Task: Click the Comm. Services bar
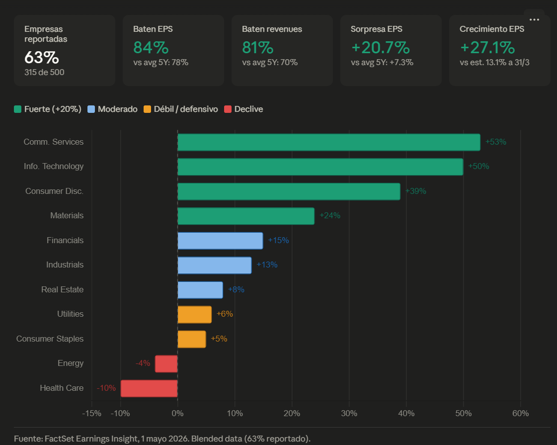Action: point(329,142)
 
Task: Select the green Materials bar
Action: point(246,216)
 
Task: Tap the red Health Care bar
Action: point(149,388)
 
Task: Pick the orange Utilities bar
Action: point(195,315)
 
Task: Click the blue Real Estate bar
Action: point(200,290)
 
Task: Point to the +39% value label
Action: point(415,191)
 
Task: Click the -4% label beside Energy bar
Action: point(143,363)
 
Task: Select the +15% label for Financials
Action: point(278,240)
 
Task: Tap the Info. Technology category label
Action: point(54,167)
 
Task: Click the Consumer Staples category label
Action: point(50,339)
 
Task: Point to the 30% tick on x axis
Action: point(349,413)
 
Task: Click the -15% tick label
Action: point(91,413)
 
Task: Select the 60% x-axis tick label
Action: point(520,413)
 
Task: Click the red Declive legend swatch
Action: point(228,109)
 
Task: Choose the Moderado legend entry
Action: point(112,109)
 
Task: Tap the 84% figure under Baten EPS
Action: point(151,48)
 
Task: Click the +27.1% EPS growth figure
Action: point(487,48)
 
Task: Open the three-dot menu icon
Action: point(534,19)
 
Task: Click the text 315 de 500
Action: point(44,73)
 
